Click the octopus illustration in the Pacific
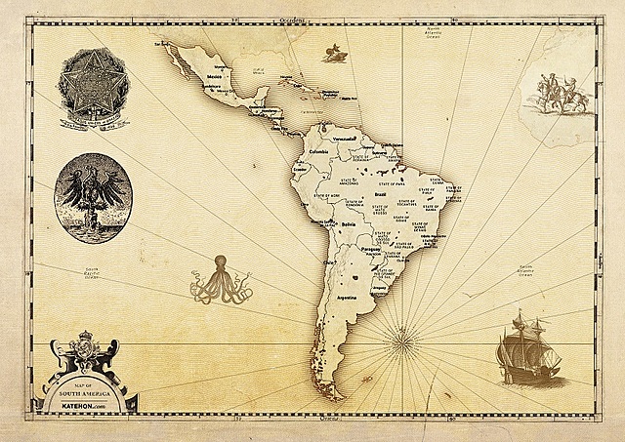point(219,278)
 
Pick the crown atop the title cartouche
point(86,342)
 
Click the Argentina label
point(346,296)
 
